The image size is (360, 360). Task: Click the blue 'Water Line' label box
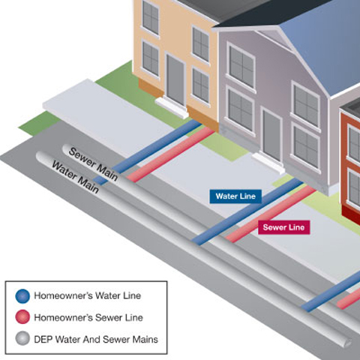pos(235,196)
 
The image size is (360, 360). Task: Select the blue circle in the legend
pos(22,296)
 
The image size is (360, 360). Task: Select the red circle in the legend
pos(22,317)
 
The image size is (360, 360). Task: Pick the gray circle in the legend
pos(22,339)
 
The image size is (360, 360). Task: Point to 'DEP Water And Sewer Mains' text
pos(95,339)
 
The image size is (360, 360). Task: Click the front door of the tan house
pos(175,79)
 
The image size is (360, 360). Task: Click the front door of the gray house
pos(271,135)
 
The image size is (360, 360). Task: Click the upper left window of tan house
pos(151,17)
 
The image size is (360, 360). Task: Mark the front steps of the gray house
pos(266,160)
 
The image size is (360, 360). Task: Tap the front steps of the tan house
pos(171,107)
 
